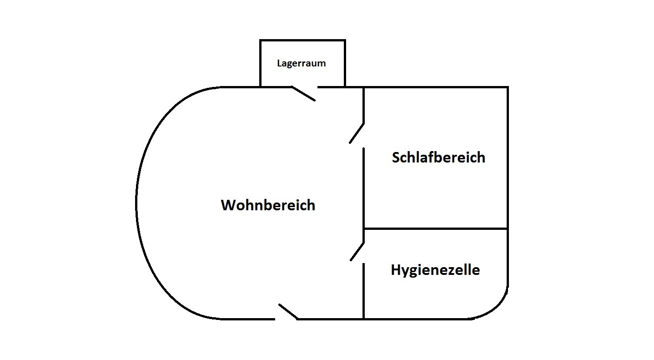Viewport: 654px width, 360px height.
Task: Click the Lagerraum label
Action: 302,63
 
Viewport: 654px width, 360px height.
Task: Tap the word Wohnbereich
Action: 268,205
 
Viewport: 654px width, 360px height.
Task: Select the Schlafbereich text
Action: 438,157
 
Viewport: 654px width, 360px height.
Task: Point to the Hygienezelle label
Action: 435,270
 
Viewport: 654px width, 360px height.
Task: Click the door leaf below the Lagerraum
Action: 304,93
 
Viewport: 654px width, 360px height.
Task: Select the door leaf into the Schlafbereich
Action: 357,133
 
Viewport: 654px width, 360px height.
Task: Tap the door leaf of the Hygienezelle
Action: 357,251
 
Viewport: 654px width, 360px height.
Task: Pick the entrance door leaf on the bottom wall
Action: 288,312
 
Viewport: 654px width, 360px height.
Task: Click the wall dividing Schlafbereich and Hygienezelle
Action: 436,228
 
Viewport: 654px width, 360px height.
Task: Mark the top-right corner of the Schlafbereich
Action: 508,87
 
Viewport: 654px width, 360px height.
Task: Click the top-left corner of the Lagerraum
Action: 260,41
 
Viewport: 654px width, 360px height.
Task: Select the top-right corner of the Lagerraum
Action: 345,41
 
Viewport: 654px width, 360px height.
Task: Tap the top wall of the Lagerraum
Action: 302,41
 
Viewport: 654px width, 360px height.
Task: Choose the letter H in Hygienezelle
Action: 396,269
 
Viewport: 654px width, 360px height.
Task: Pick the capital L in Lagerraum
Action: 280,63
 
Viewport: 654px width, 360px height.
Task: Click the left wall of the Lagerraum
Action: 260,63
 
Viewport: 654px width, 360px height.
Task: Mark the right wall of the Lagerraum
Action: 345,63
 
